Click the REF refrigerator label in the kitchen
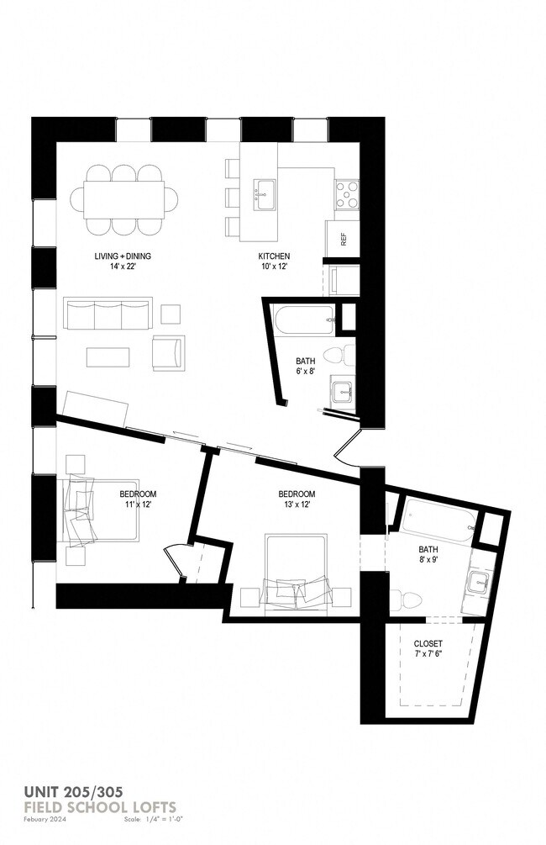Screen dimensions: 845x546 [344, 238]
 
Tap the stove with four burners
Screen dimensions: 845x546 [346, 195]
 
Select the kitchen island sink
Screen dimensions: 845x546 [265, 193]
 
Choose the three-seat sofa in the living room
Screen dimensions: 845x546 [108, 314]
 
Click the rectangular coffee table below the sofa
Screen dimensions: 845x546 [108, 356]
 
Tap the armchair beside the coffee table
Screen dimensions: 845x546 [168, 351]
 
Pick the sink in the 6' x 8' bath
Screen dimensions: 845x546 [343, 392]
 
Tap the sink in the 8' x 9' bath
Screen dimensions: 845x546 [480, 581]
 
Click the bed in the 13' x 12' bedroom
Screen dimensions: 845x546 [294, 568]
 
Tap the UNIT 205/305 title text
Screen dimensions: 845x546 [73, 792]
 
